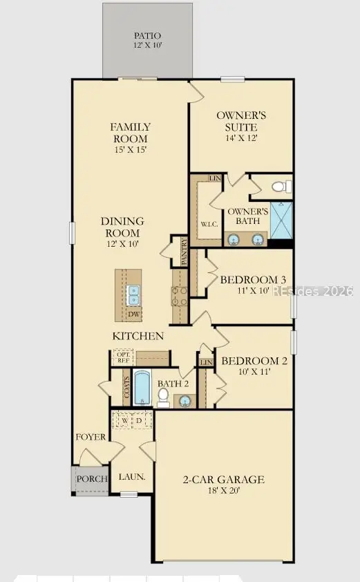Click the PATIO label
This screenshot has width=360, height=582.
coord(146,35)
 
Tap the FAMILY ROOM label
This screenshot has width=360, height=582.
coord(131,132)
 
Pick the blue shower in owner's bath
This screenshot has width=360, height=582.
coord(281,220)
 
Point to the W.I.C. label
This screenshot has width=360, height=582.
coord(209,225)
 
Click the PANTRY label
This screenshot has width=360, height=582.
coord(184,252)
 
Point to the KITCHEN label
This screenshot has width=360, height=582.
coord(139,337)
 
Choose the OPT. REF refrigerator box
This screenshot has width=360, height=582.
coord(123,357)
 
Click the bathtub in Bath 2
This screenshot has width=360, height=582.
coord(142,389)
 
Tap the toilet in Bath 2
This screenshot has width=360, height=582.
coord(163,396)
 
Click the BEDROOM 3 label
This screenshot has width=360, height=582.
coord(253,280)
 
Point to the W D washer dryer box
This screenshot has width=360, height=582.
coord(132,421)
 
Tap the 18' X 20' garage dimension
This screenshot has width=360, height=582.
coord(223,491)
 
